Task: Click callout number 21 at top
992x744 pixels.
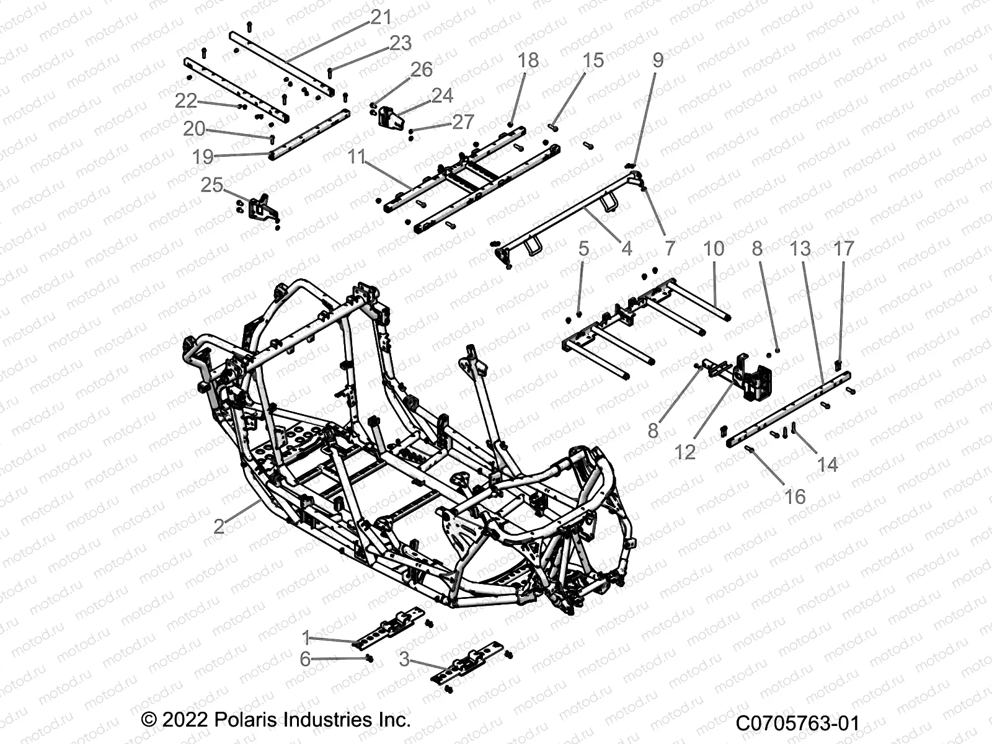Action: pyautogui.click(x=381, y=17)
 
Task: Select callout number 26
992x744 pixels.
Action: pyautogui.click(x=422, y=69)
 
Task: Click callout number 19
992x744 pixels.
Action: pyautogui.click(x=203, y=157)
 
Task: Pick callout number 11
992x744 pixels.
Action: pyautogui.click(x=356, y=157)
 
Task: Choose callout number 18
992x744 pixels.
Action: pyautogui.click(x=528, y=60)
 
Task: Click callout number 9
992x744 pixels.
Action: pyautogui.click(x=658, y=60)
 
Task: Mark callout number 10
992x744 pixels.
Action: pyautogui.click(x=714, y=249)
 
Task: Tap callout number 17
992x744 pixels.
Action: pyautogui.click(x=844, y=249)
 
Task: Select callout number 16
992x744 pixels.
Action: pyautogui.click(x=795, y=496)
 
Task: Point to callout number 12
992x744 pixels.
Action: pyautogui.click(x=685, y=452)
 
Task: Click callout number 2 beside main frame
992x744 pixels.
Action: pyautogui.click(x=218, y=526)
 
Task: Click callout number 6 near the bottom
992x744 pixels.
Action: pyautogui.click(x=305, y=658)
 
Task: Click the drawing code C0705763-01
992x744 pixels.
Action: pyautogui.click(x=798, y=724)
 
